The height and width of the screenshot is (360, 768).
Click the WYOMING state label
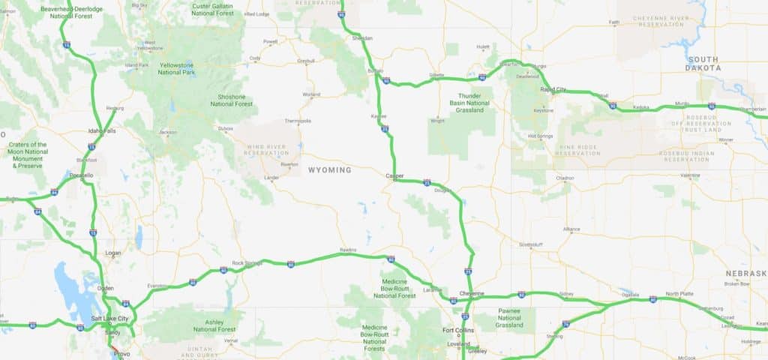(x=329, y=170)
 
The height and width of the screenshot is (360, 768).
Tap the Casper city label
(x=394, y=176)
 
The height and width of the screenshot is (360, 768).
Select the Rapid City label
(x=553, y=89)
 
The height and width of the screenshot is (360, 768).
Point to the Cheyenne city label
(x=472, y=292)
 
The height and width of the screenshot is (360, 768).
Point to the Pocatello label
(x=80, y=175)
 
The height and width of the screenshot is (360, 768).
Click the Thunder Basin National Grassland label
(x=469, y=103)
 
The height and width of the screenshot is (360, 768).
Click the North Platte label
(x=679, y=293)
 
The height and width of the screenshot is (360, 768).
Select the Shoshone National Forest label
(x=232, y=100)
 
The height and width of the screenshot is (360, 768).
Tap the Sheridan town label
(x=361, y=37)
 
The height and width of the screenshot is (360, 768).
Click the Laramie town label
(x=432, y=289)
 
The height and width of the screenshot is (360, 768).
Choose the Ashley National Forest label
(x=214, y=325)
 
